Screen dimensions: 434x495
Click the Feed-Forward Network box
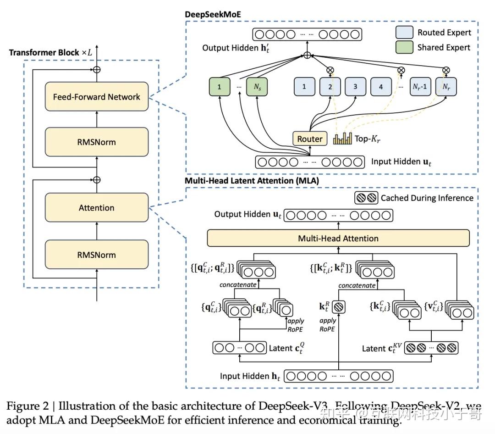click(x=96, y=97)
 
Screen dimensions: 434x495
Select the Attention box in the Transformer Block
click(x=96, y=208)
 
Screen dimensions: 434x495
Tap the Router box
click(x=310, y=139)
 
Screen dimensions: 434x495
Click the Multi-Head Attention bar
click(x=338, y=238)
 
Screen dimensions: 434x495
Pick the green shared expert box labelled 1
click(x=219, y=86)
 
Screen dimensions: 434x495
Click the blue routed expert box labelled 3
click(x=355, y=86)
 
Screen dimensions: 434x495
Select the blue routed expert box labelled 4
click(x=381, y=86)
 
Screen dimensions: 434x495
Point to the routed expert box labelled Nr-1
click(x=420, y=86)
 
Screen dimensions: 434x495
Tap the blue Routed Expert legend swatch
click(x=404, y=32)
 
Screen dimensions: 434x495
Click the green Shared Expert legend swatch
click(x=404, y=47)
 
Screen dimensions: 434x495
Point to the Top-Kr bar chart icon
click(x=343, y=139)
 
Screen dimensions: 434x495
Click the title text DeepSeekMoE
click(x=213, y=14)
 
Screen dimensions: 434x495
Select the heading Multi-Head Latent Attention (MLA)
click(x=252, y=181)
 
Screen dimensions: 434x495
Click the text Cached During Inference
click(x=427, y=198)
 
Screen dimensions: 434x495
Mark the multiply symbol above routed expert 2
click(x=330, y=70)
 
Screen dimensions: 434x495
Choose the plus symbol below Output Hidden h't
click(x=307, y=55)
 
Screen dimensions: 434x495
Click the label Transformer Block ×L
click(x=50, y=52)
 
